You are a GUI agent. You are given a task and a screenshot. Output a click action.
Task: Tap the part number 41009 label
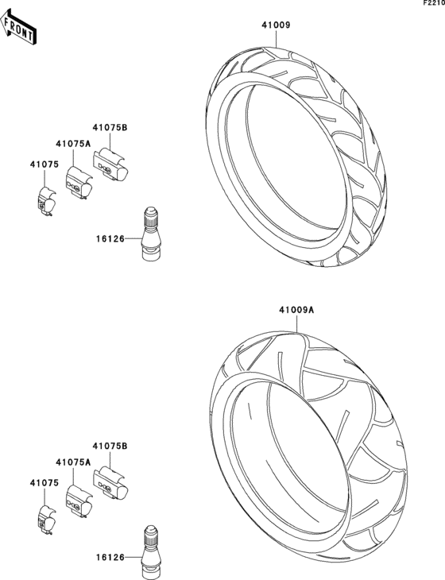[277, 25]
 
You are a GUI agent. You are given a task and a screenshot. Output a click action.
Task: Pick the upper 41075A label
[73, 144]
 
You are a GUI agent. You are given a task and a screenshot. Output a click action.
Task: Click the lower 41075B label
[110, 447]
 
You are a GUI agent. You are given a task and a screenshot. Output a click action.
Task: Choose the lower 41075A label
[73, 462]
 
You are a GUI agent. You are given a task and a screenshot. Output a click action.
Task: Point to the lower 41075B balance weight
[110, 484]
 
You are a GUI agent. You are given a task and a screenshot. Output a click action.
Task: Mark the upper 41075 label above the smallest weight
[44, 164]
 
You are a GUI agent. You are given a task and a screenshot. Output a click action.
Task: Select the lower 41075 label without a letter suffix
[44, 481]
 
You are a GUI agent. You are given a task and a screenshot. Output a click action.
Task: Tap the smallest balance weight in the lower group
[46, 517]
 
